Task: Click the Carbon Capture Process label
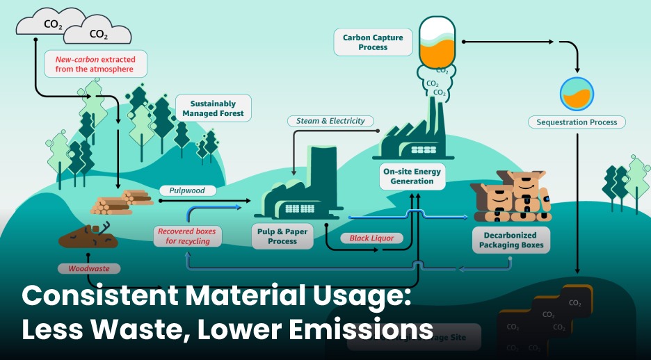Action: pos(373,42)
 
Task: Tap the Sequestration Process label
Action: pos(577,122)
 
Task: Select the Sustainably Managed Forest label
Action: pos(213,108)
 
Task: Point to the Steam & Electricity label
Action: pos(330,121)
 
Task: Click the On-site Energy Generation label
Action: pos(412,177)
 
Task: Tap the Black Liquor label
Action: pos(371,238)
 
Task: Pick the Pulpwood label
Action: pos(188,190)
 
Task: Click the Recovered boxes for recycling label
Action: pos(186,236)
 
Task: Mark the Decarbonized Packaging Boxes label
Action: pos(512,240)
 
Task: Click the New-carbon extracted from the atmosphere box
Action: pos(96,63)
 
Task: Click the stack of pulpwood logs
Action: pos(121,202)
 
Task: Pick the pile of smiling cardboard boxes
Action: pos(512,197)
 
